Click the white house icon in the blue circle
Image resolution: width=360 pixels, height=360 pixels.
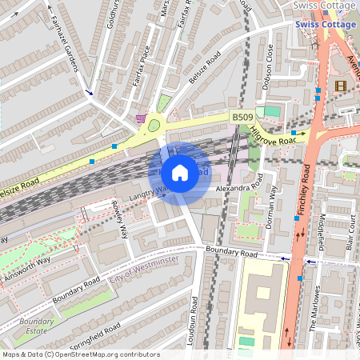coord(180,172)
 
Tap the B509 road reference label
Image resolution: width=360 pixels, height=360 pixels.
coord(242,118)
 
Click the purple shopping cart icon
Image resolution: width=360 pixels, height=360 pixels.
coord(142,119)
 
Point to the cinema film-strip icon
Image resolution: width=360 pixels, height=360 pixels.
coord(342,86)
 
